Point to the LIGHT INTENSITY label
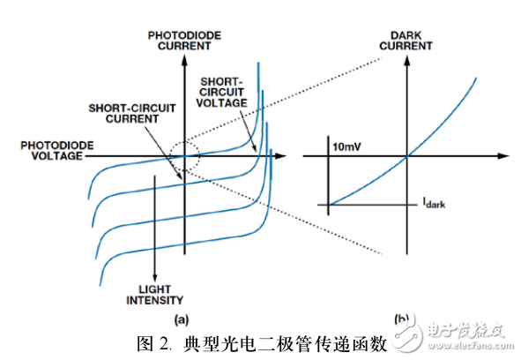coord(155,295)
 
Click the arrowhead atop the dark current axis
coord(406,58)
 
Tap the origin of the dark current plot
coord(406,157)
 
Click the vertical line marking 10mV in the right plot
coord(329,176)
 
